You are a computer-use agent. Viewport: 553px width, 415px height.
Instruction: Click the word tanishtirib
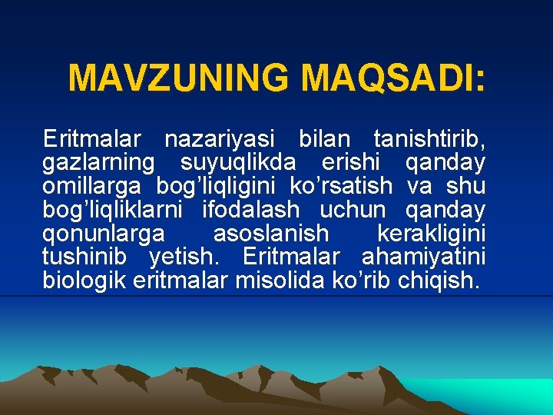coord(429,140)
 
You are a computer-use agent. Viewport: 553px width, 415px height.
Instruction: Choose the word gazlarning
coord(99,164)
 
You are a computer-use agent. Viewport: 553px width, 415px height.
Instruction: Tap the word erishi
coord(349,164)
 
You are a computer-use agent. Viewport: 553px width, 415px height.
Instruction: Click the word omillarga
coord(92,187)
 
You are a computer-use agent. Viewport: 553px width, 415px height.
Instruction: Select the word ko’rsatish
coord(340,187)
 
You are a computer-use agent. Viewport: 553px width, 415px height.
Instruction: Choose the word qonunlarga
coord(104,234)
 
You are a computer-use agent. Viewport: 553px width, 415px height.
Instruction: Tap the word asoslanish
coord(270,234)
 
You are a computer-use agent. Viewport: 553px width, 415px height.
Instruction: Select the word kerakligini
coord(431,234)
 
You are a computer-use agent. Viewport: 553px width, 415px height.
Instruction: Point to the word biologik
coord(85,280)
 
